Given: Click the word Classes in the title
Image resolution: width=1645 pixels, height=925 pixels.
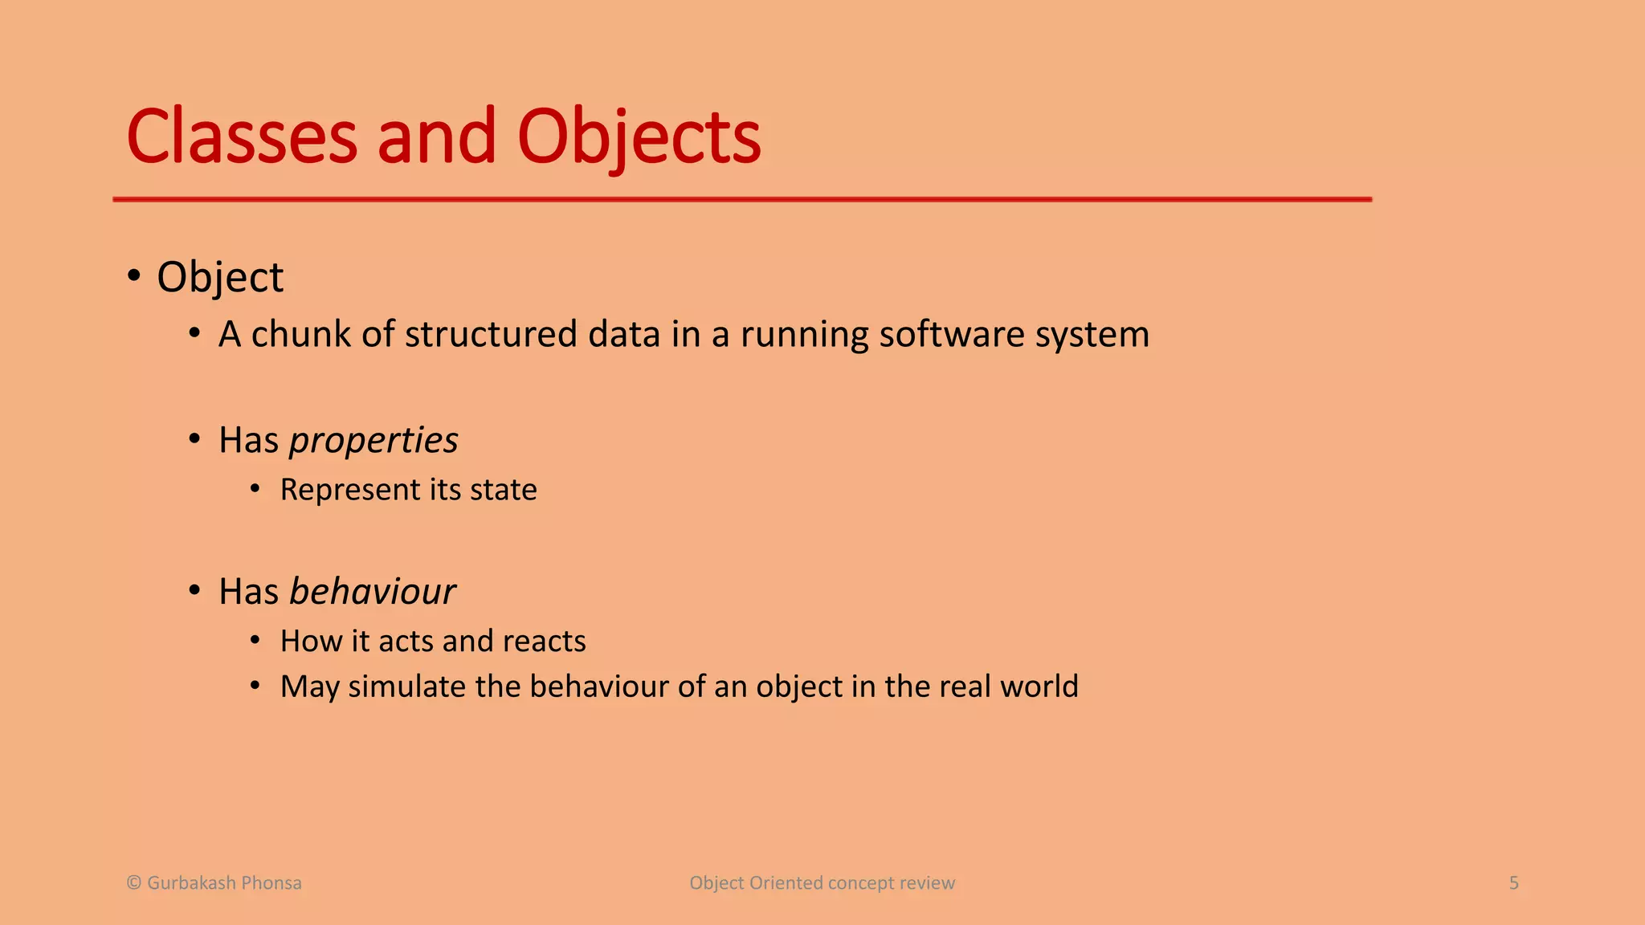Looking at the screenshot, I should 241,138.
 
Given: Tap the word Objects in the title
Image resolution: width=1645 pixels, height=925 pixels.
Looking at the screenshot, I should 639,138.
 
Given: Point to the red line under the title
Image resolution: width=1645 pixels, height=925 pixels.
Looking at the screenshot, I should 742,198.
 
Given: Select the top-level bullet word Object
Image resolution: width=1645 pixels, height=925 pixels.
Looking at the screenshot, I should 220,278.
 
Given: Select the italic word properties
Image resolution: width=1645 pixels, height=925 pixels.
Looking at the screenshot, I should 373,441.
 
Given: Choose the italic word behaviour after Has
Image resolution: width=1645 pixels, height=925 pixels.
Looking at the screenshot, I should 373,592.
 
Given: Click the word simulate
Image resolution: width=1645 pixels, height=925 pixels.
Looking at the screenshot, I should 406,687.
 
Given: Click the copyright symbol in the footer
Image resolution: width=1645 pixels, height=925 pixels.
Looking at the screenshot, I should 134,883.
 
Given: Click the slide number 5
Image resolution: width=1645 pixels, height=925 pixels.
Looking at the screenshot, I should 1514,883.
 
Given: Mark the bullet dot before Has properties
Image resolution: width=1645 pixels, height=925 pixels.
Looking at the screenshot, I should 194,439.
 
